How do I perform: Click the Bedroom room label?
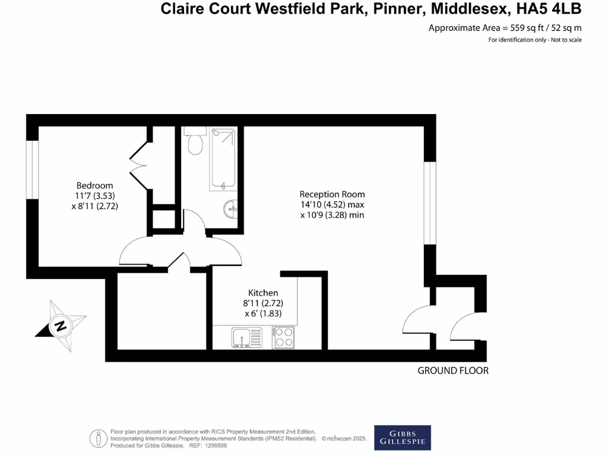94,185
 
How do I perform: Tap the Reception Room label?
332,194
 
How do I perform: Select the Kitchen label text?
263,293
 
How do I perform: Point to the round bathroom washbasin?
232,208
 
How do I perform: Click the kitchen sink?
246,338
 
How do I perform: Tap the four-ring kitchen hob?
283,338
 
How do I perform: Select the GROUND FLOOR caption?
452,370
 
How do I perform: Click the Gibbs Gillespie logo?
403,438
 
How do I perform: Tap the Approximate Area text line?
505,28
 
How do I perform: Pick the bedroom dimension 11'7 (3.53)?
94,196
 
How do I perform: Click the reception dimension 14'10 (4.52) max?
332,205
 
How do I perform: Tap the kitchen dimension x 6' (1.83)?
263,313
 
